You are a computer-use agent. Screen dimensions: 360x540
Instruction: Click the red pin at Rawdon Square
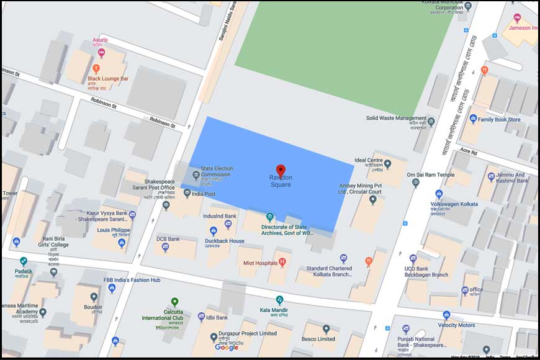tap(281, 171)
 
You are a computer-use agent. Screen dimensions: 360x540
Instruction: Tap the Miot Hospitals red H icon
tap(282, 263)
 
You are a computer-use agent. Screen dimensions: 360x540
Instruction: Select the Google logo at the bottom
tap(227, 347)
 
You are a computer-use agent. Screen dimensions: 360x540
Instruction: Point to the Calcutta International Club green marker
tap(175, 302)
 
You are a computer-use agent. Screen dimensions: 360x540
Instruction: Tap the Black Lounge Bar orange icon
tap(96, 69)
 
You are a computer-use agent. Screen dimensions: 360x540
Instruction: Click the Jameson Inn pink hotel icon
tap(517, 18)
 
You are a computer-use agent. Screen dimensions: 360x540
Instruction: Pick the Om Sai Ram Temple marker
tap(416, 183)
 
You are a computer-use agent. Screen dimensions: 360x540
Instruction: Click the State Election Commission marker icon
tap(196, 175)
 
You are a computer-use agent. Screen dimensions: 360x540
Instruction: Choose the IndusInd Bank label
tap(220, 216)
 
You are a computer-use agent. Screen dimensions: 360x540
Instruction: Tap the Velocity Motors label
tap(456, 325)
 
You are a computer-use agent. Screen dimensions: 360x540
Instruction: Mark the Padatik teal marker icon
tap(24, 261)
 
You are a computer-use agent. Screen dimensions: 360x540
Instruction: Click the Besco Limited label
tap(318, 339)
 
